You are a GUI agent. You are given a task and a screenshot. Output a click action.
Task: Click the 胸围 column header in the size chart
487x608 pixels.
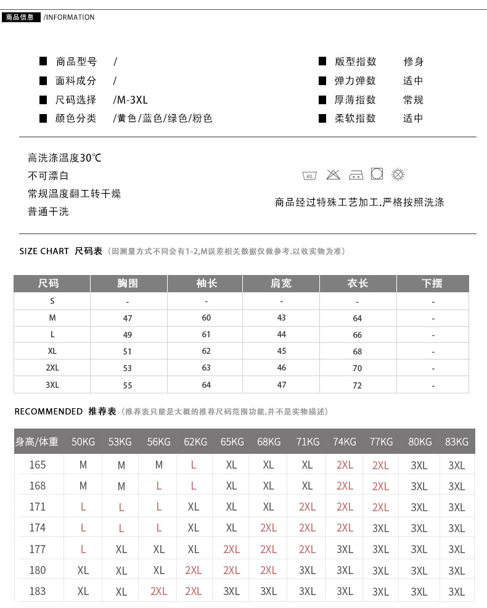128,283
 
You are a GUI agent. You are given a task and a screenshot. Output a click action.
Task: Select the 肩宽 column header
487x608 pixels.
281,283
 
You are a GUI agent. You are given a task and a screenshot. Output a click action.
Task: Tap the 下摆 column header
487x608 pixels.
432,283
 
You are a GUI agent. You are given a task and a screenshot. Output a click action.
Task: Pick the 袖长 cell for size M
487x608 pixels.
206,318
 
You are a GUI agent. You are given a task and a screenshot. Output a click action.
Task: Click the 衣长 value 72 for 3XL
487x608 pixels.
358,385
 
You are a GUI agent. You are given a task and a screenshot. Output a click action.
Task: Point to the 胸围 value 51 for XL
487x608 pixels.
128,351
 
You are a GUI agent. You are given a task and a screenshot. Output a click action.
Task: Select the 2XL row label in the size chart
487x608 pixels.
52,368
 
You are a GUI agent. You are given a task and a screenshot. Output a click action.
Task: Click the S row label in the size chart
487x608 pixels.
52,301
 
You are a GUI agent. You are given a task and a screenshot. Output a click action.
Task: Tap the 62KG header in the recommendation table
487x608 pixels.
195,442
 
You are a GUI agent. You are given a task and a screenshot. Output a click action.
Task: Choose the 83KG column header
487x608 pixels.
457,442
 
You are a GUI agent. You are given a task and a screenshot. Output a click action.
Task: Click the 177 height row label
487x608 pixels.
38,549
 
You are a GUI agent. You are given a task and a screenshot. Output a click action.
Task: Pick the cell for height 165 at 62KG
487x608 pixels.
194,465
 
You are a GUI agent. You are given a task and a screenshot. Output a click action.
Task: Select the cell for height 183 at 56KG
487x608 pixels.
158,591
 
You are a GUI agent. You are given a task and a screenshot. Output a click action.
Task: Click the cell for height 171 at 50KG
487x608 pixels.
83,507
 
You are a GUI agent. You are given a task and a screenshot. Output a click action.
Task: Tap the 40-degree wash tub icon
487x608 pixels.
309,175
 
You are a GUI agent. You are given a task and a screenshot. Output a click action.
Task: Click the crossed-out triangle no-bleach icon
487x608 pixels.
334,175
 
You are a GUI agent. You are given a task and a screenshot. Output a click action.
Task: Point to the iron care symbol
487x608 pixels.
356,175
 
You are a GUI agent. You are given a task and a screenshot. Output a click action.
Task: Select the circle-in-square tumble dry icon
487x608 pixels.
377,174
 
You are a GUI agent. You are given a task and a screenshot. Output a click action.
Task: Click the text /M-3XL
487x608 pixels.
131,99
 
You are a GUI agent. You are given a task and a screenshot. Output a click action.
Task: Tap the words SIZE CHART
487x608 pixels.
44,251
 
